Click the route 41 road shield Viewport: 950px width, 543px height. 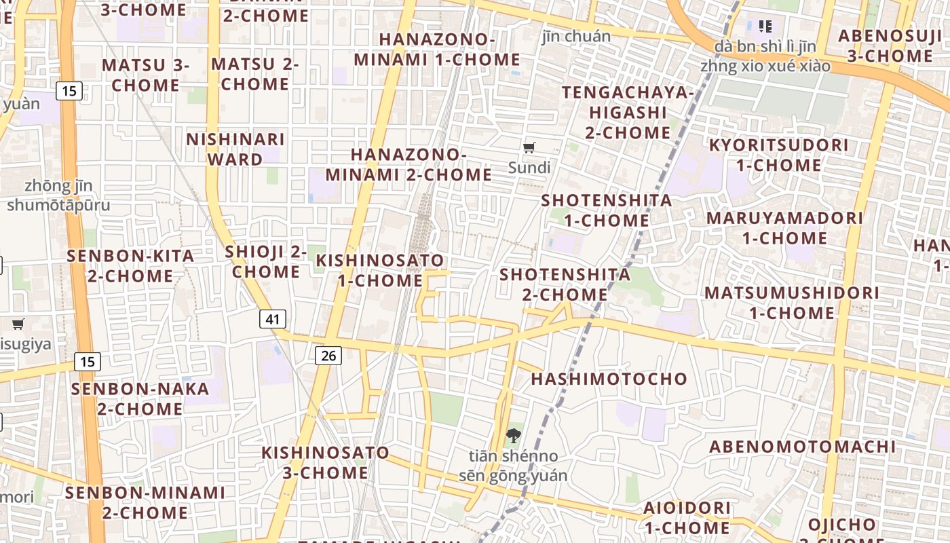click(x=273, y=319)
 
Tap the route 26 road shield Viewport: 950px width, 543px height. click(x=328, y=355)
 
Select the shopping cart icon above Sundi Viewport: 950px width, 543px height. click(x=529, y=147)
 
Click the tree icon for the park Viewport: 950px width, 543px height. click(x=514, y=436)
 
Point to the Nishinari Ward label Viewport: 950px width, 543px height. click(x=235, y=149)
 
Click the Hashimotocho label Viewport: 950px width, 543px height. click(x=609, y=379)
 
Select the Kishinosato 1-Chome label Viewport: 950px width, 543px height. click(x=380, y=270)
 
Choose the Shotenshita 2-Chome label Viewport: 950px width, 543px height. click(x=565, y=284)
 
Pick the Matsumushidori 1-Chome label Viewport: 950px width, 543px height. click(x=791, y=303)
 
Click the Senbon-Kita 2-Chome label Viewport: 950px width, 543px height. click(x=130, y=266)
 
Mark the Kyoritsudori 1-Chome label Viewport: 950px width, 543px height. click(x=778, y=155)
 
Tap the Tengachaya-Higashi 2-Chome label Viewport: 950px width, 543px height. click(x=628, y=112)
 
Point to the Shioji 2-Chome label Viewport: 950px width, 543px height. click(x=266, y=261)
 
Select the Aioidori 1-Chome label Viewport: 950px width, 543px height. click(x=687, y=517)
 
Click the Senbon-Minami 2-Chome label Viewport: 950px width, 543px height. click(x=145, y=502)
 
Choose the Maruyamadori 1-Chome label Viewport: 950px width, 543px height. click(x=784, y=228)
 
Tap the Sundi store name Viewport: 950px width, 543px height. click(x=529, y=168)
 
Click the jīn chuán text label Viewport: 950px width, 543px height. click(x=576, y=36)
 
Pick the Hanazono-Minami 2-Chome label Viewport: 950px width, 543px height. click(x=408, y=165)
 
